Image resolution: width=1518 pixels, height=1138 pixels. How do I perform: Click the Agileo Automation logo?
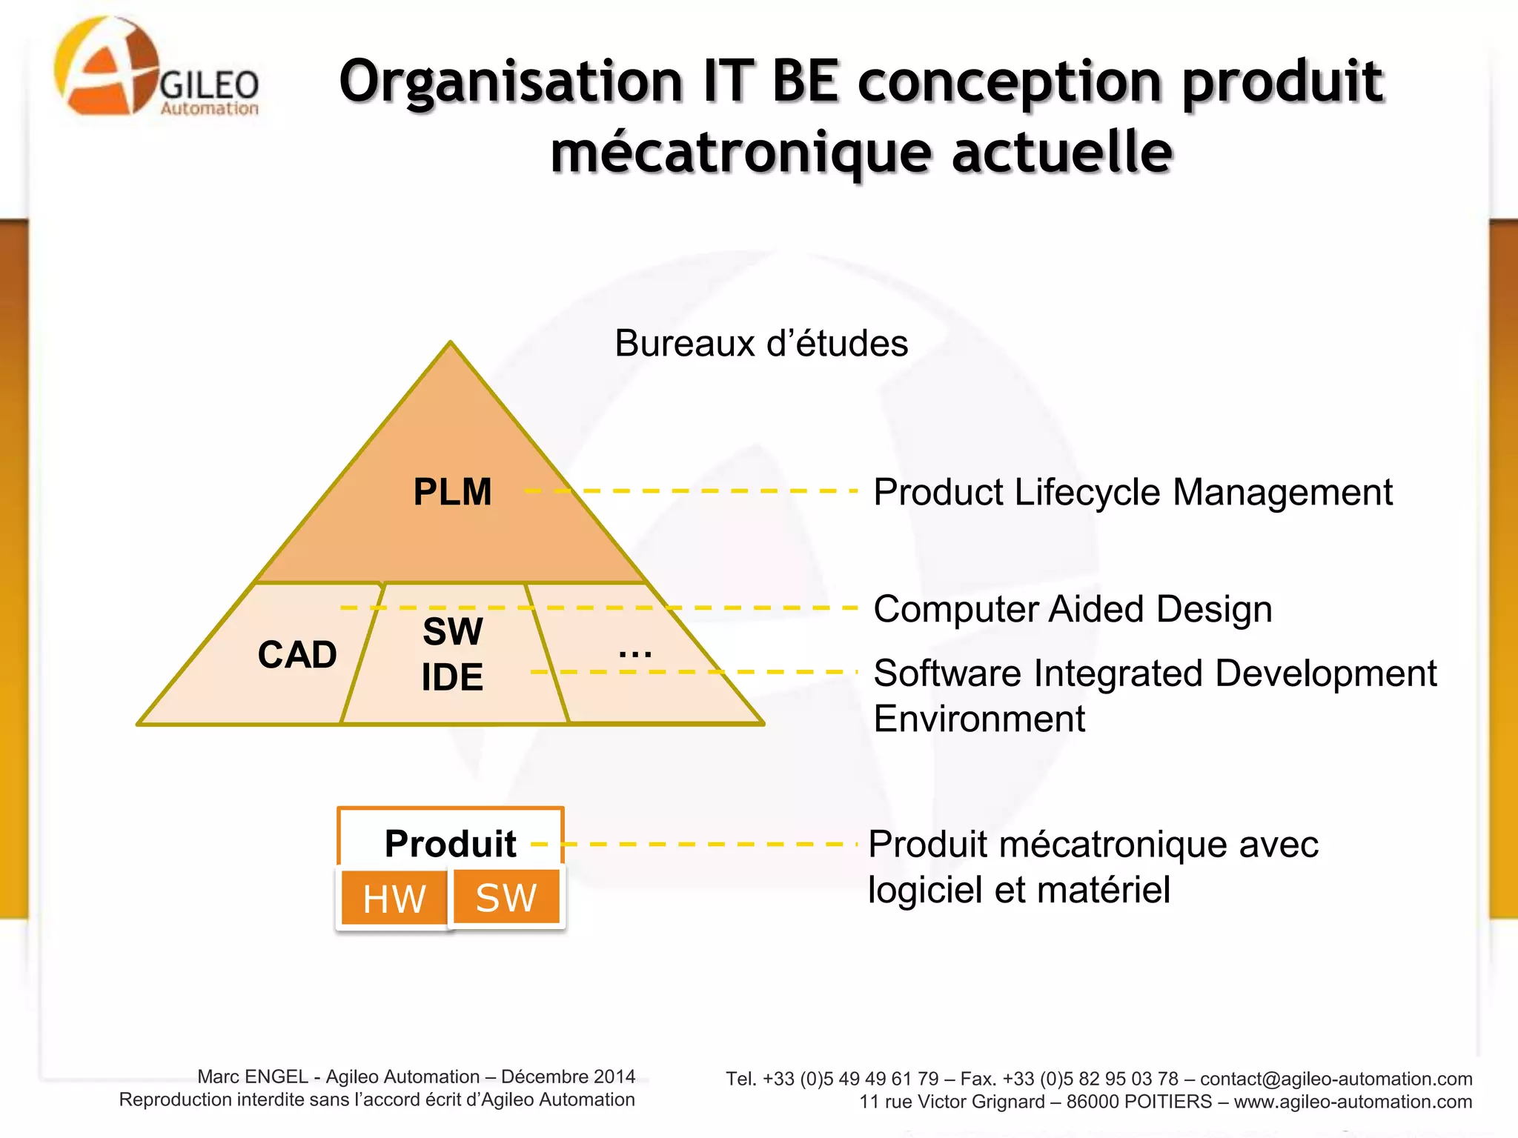[156, 68]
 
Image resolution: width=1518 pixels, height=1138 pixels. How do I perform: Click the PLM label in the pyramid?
[452, 492]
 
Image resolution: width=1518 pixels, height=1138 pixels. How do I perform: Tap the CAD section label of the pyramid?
[297, 655]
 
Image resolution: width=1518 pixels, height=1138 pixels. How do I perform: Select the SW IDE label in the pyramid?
[452, 654]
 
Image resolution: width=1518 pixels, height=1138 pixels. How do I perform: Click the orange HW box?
[394, 899]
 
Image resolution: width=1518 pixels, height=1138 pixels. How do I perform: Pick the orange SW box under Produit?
[506, 897]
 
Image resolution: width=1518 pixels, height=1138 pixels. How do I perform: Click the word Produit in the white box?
[450, 843]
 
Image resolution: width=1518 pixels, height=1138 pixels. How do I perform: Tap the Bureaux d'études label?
[761, 343]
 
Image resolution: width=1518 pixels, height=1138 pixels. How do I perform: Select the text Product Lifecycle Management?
[1133, 492]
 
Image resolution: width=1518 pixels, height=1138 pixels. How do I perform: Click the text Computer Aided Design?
[1073, 609]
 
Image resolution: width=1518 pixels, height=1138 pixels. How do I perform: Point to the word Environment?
[979, 719]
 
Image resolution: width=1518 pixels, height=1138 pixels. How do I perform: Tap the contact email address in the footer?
[1336, 1079]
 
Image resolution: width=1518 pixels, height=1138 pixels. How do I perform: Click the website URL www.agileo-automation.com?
[1353, 1102]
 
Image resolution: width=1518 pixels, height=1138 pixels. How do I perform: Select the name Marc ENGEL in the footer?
[253, 1077]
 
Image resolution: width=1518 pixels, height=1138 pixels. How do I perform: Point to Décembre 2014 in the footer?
[568, 1077]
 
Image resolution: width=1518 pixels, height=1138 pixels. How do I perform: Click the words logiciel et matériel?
[1019, 890]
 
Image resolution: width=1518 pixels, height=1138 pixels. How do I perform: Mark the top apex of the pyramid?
[451, 343]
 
